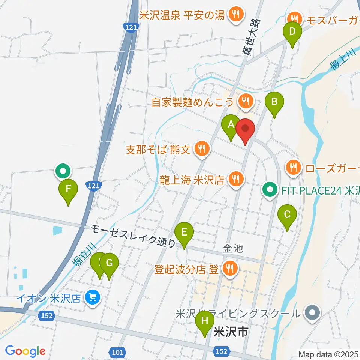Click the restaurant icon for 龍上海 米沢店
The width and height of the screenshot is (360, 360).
pos(235,180)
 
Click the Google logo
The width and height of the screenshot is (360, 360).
pos(25,351)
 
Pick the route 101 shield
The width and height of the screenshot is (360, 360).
pos(117,352)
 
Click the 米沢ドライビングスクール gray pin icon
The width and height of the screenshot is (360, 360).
pos(312,312)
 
